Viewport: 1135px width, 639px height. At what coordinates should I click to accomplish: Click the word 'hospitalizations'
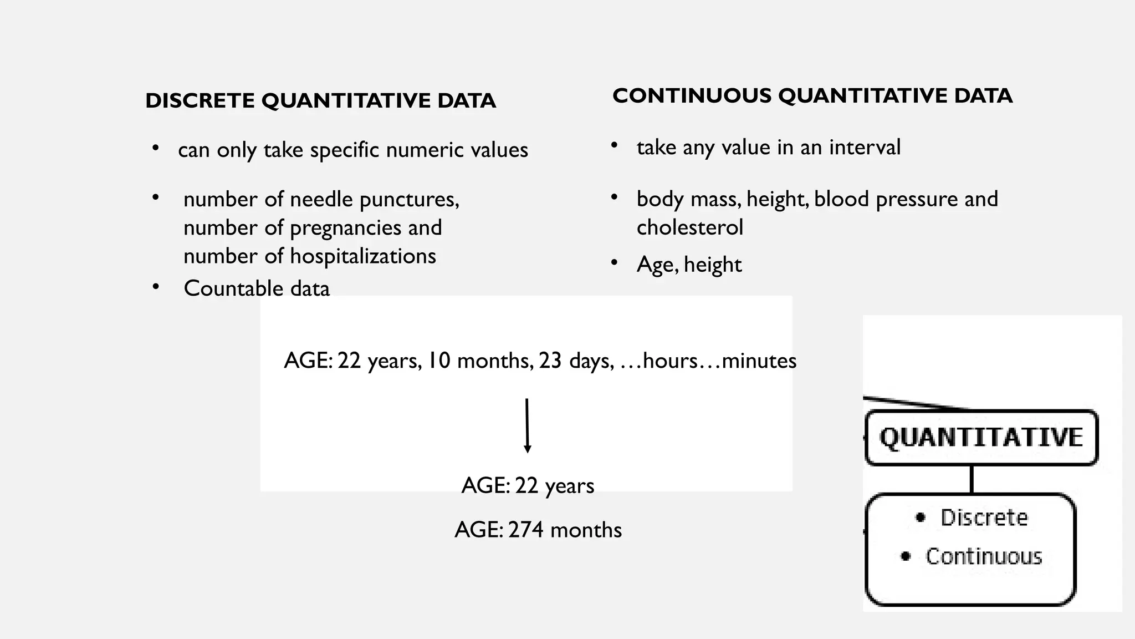362,256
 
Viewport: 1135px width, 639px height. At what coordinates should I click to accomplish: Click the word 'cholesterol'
689,227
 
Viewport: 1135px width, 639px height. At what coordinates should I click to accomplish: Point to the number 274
526,530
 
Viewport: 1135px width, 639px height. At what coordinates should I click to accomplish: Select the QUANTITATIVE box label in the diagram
981,438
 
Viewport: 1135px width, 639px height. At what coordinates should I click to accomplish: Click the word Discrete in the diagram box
984,518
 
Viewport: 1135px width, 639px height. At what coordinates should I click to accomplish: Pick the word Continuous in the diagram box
984,556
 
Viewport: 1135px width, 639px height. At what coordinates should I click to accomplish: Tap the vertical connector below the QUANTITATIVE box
972,479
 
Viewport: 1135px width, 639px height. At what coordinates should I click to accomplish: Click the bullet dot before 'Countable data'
156,287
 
